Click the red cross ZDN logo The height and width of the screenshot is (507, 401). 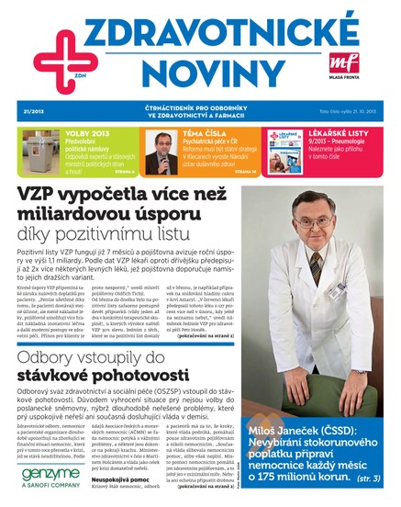tap(52, 52)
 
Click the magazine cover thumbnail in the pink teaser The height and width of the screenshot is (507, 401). tap(286, 153)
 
